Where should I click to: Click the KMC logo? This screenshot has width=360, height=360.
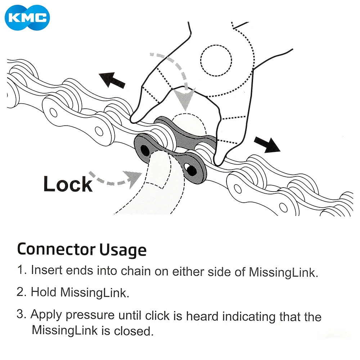click(x=27, y=17)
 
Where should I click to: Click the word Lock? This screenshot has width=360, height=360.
click(x=68, y=184)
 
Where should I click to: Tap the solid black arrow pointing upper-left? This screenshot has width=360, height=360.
click(x=112, y=80)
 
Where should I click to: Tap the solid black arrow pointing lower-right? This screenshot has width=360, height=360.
click(x=267, y=144)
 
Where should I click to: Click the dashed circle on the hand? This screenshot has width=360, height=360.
click(x=216, y=60)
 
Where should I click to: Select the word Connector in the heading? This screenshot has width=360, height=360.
click(x=56, y=249)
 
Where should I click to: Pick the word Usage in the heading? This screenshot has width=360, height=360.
click(x=123, y=250)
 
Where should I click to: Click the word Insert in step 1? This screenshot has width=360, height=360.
click(x=46, y=270)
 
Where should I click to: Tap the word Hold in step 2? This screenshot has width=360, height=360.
click(x=44, y=292)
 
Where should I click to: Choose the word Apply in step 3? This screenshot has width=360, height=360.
click(x=46, y=315)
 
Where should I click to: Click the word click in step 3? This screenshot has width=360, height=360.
click(x=157, y=315)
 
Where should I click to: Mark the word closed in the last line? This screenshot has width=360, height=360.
click(x=134, y=331)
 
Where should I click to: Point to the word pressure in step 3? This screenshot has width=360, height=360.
click(x=90, y=316)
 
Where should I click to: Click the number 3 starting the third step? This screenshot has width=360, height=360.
click(x=20, y=314)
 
